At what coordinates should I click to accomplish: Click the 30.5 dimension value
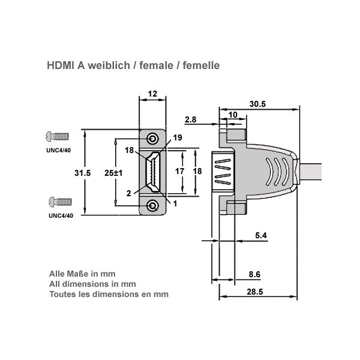click(x=257, y=104)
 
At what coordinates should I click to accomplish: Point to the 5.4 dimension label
click(x=260, y=236)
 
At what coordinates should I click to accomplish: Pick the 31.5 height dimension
click(x=82, y=172)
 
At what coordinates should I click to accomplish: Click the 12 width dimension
click(x=152, y=94)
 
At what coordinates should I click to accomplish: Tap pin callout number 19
click(x=177, y=138)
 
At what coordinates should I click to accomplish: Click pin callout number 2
click(x=129, y=193)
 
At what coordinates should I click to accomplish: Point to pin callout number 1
click(x=175, y=203)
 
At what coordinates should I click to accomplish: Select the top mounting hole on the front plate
click(x=154, y=139)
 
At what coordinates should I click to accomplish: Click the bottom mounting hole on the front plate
click(x=154, y=206)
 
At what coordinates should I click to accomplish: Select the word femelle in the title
click(x=201, y=65)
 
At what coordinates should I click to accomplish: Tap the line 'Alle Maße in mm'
click(x=78, y=273)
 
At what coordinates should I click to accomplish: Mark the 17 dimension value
click(x=179, y=171)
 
